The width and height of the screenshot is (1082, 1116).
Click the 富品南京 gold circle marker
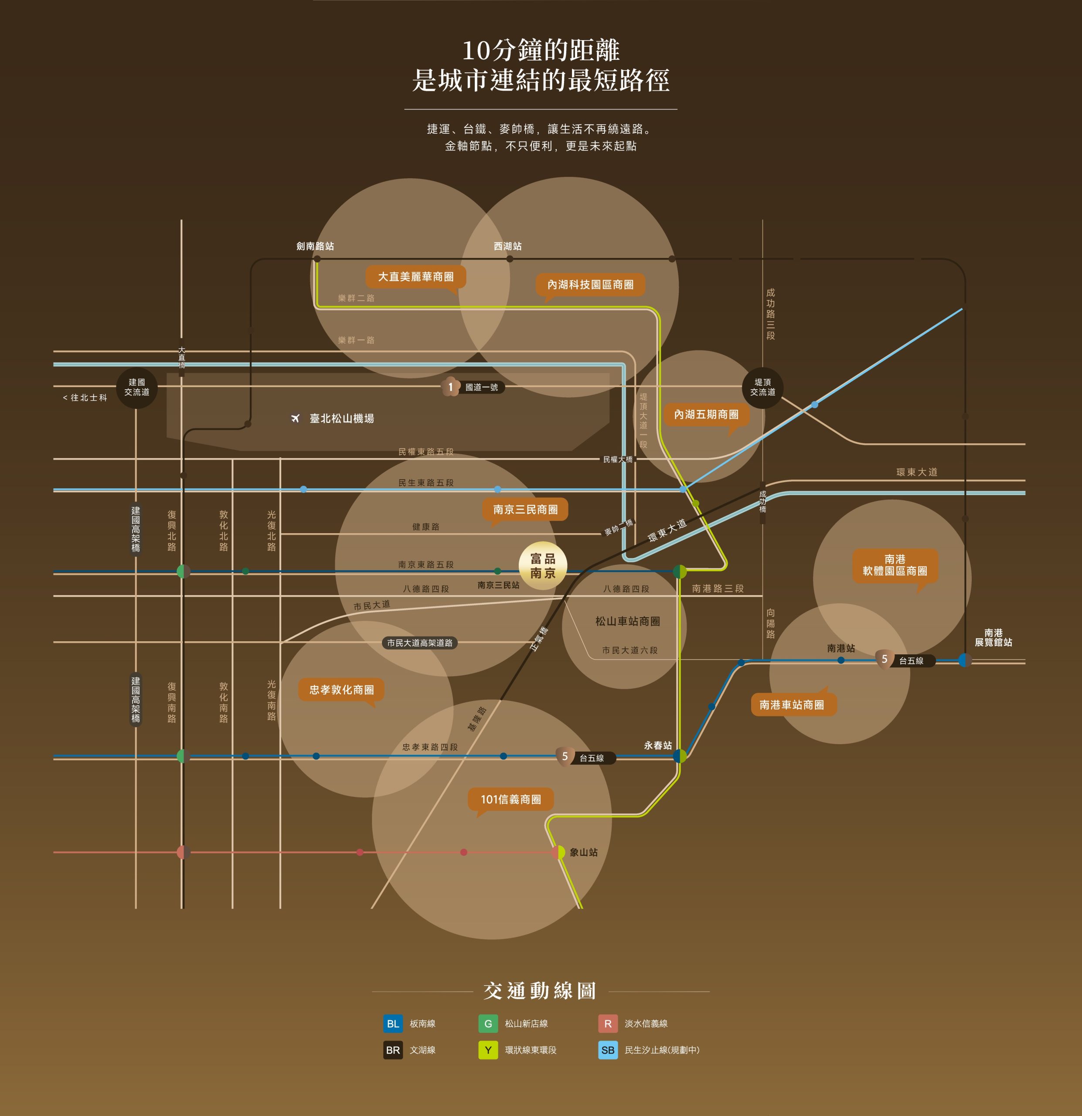tap(543, 565)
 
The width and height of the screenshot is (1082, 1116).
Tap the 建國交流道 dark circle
tap(137, 387)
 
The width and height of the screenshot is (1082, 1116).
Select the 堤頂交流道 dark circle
tap(762, 387)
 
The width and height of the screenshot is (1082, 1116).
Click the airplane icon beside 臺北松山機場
tap(295, 418)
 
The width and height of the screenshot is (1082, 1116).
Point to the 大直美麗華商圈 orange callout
tap(416, 278)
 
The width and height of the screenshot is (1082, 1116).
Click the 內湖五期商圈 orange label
tap(706, 415)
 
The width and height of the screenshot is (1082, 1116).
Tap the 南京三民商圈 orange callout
tap(525, 510)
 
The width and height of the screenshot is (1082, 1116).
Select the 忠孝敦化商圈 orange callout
tap(342, 691)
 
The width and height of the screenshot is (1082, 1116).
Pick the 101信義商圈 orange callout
tap(511, 800)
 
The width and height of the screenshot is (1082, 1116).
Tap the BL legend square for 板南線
tap(393, 1023)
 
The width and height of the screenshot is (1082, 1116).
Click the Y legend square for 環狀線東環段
tap(488, 1050)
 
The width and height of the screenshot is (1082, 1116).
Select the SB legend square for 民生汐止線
tap(608, 1050)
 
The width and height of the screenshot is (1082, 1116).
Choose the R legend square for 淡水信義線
tap(608, 1023)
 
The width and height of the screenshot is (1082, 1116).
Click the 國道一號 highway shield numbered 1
tap(450, 387)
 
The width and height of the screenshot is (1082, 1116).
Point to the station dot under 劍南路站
tap(317, 259)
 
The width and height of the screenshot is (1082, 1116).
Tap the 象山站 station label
tap(584, 852)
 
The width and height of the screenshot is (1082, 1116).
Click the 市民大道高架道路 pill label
tap(420, 643)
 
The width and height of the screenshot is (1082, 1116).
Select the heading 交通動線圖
tap(540, 991)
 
